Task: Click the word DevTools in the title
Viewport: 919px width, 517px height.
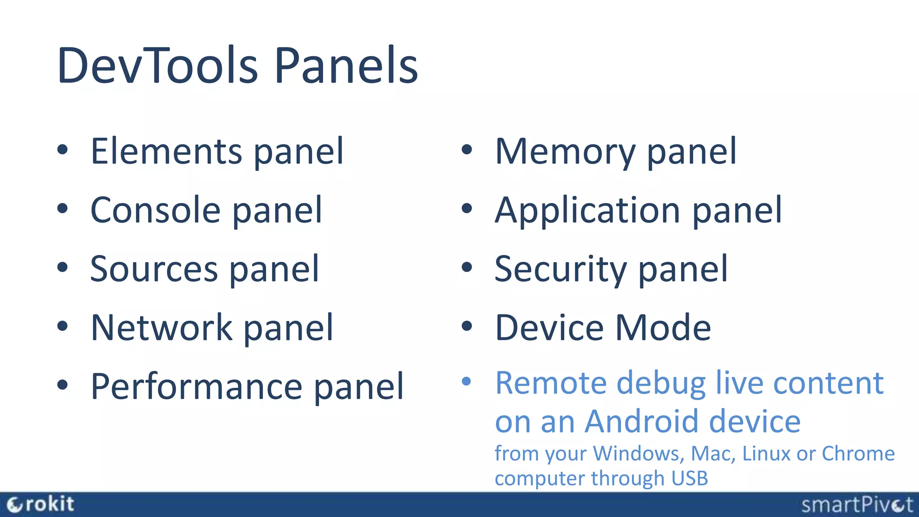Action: [x=158, y=66]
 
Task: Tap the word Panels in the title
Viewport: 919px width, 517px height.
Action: [x=346, y=66]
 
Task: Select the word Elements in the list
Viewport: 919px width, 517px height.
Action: [x=166, y=151]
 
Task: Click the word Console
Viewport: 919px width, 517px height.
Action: [x=155, y=210]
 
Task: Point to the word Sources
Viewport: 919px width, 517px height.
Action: [x=154, y=269]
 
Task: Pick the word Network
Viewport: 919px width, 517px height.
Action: [x=162, y=328]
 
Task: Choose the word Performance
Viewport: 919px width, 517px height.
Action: [x=197, y=386]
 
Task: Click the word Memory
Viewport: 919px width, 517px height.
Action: [x=565, y=151]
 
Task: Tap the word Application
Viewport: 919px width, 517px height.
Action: [x=587, y=210]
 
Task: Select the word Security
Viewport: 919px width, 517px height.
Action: [x=560, y=269]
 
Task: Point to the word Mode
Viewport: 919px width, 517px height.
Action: [x=663, y=328]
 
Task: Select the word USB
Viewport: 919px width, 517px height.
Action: [x=690, y=478]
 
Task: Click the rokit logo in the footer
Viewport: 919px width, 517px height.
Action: [x=40, y=504]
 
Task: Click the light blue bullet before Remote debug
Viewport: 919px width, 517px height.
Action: [x=467, y=381]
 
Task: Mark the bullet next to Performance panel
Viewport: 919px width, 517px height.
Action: [x=62, y=385]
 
